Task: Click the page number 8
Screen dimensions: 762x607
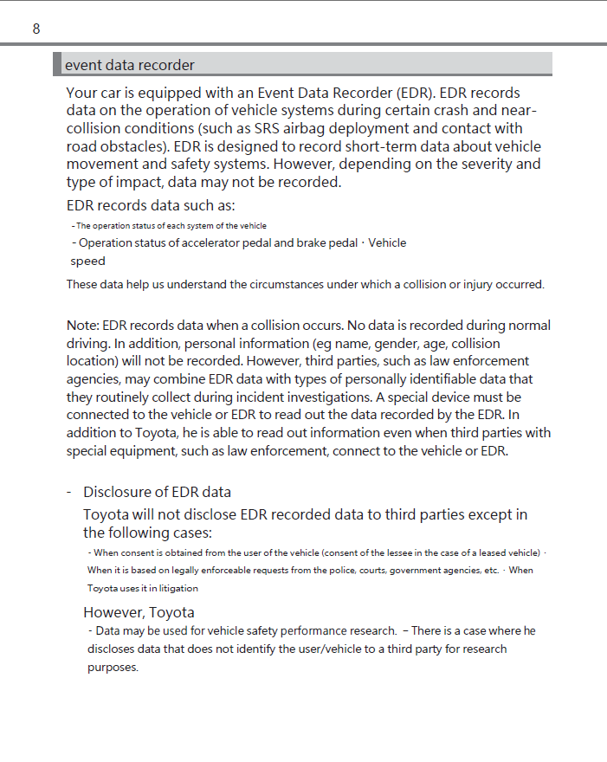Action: (36, 29)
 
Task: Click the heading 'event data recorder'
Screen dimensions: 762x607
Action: (130, 65)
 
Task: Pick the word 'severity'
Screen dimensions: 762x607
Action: (486, 164)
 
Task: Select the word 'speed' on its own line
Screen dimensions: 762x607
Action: (87, 262)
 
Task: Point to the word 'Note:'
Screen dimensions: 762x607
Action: (83, 326)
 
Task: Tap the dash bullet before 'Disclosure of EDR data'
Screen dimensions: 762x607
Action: (68, 493)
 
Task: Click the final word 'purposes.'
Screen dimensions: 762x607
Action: (113, 668)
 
